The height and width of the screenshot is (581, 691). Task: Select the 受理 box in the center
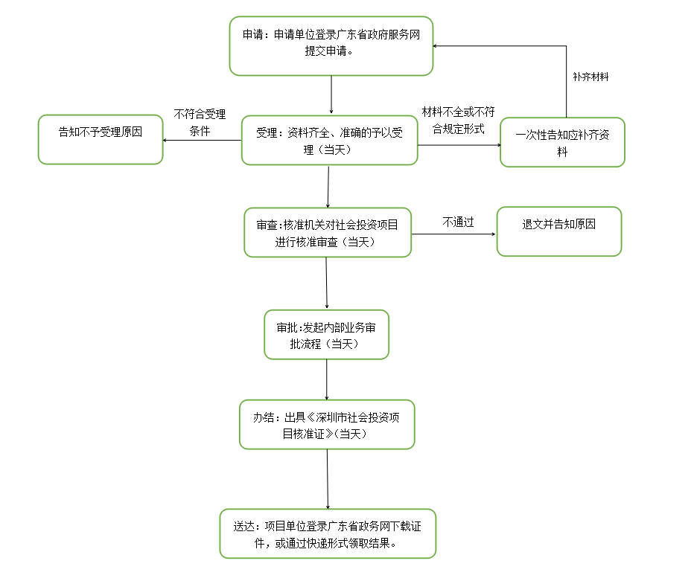[329, 141]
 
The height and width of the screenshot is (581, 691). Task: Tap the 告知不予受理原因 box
[101, 139]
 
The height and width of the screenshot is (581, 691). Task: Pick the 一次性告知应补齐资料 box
[562, 142]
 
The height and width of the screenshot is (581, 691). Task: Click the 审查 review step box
[328, 233]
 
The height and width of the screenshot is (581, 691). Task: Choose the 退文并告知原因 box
[558, 231]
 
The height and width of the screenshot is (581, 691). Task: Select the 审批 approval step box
[326, 335]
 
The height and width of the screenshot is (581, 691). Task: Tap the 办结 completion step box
[327, 425]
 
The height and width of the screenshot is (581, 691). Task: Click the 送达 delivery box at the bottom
[327, 533]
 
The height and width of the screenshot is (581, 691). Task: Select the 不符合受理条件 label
[200, 123]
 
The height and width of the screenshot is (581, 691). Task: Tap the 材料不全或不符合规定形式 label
[458, 120]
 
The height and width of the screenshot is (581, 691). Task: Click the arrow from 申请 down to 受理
[331, 95]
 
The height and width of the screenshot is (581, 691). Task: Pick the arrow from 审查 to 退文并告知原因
[453, 234]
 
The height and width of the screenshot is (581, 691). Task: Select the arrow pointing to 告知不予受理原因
[201, 141]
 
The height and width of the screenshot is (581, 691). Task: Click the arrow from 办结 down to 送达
[327, 479]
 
